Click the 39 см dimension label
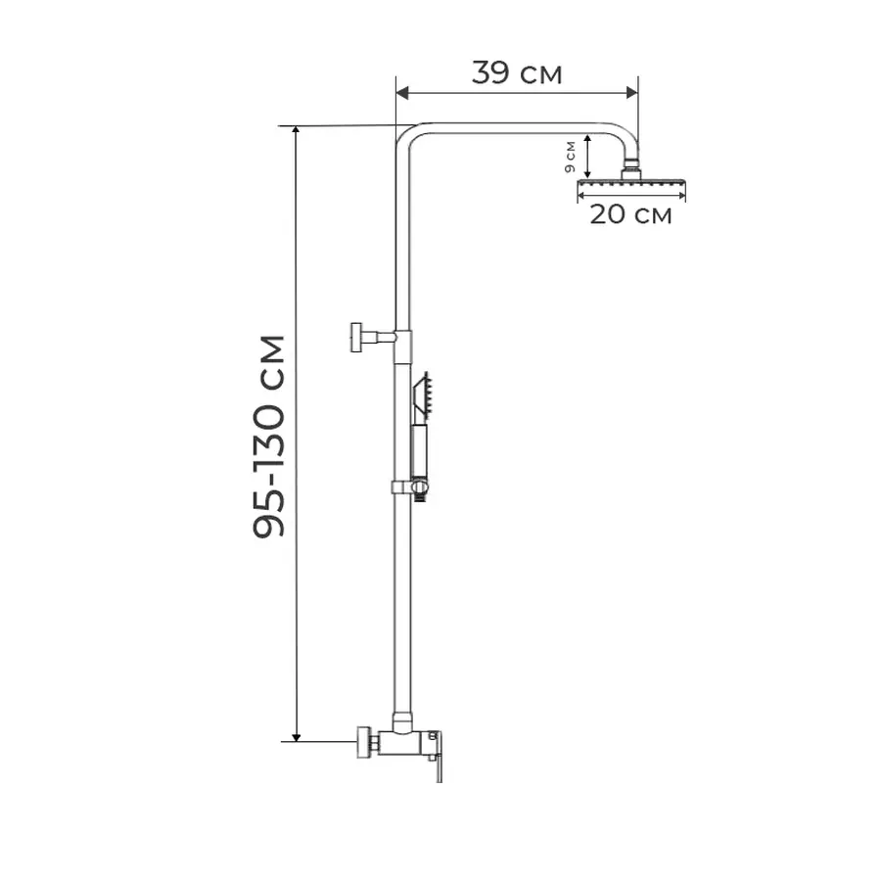(x=516, y=73)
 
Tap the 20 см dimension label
(x=630, y=214)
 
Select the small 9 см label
(x=571, y=158)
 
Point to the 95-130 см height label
(x=269, y=437)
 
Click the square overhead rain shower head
(x=631, y=183)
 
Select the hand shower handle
(x=419, y=451)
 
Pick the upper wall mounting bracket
(x=374, y=337)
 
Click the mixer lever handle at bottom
(x=436, y=756)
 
